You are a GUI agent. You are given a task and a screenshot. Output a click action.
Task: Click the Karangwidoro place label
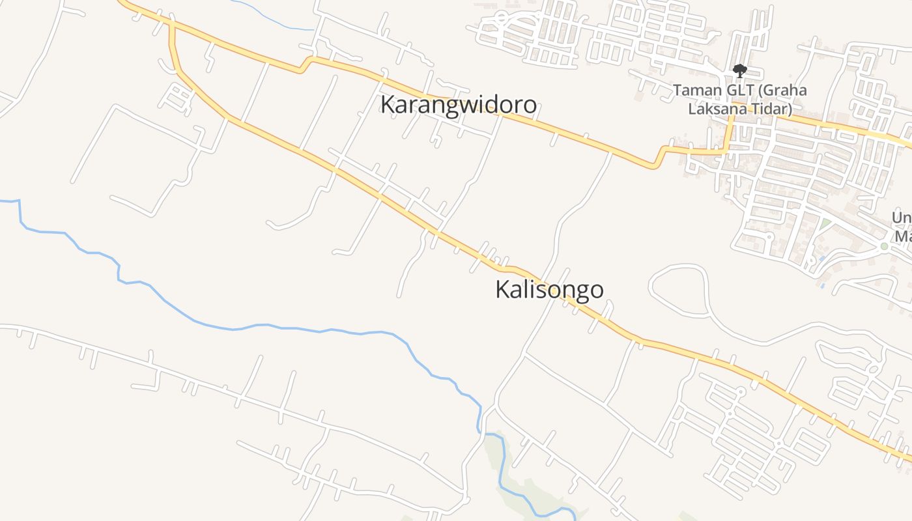pos(459,105)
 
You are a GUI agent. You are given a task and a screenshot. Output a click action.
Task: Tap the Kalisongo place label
pos(549,290)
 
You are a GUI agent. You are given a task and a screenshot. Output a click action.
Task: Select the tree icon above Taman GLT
pos(739,70)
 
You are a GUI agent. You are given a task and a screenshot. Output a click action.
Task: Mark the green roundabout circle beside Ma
pos(884,246)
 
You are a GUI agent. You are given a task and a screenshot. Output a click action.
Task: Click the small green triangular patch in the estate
pos(826,225)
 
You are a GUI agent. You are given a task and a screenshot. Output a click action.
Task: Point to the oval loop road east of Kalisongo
pos(677,290)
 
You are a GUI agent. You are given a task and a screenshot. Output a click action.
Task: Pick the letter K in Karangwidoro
pos(388,105)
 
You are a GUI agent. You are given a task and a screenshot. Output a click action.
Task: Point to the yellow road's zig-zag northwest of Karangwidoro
pos(305,64)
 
